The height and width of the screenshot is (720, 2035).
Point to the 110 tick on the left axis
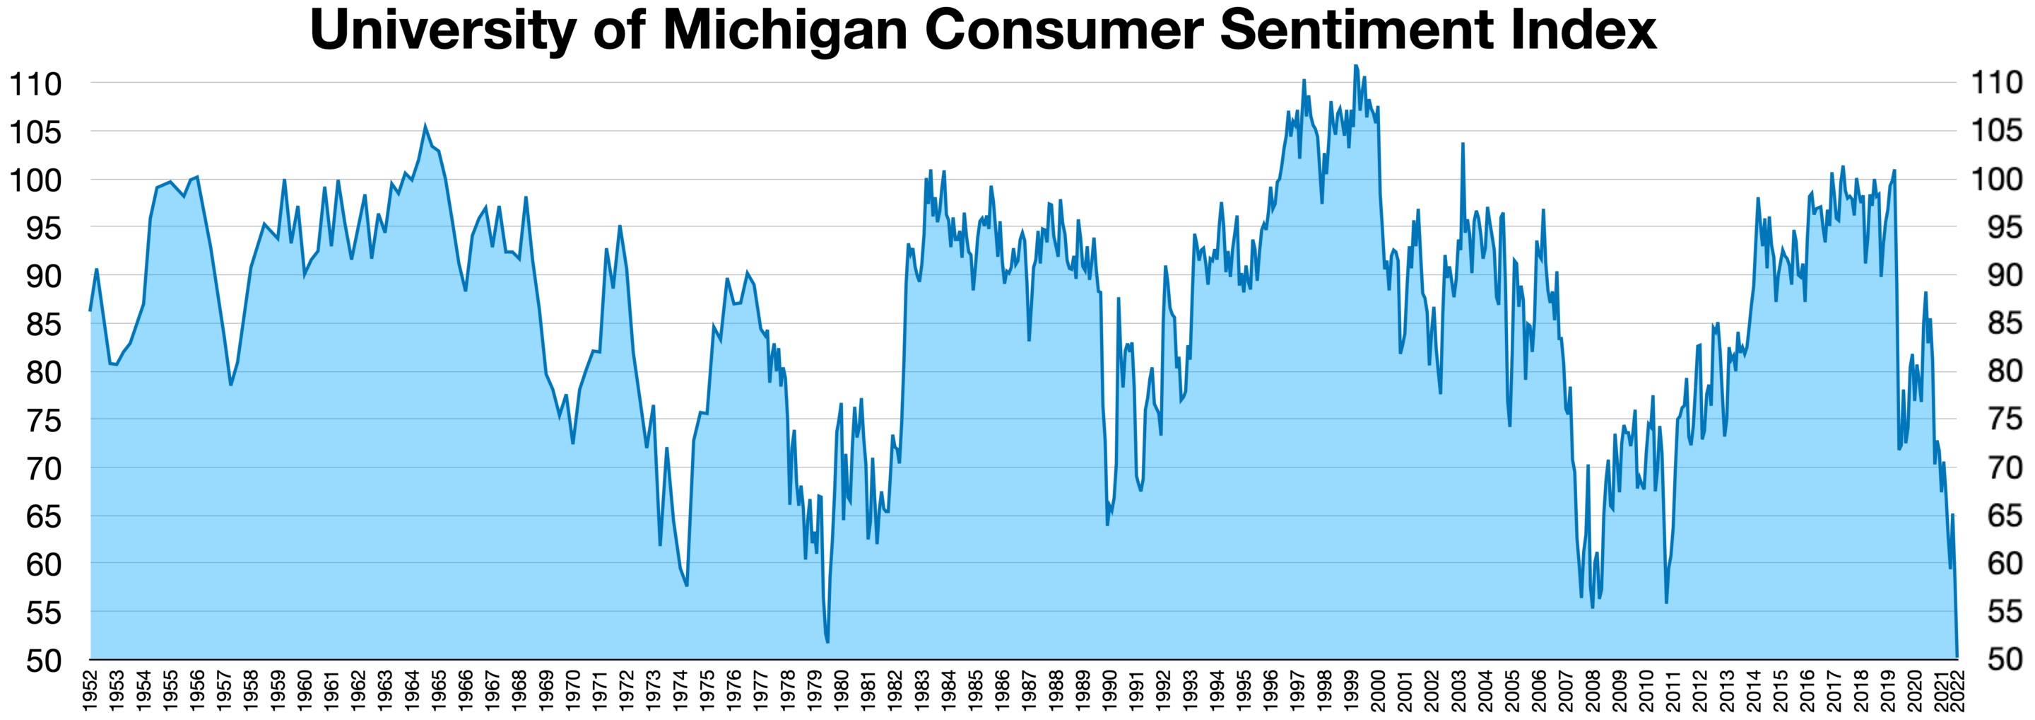tap(35, 83)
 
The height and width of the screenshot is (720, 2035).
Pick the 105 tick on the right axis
tap(1996, 130)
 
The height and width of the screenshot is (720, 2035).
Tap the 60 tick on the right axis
tap(2004, 564)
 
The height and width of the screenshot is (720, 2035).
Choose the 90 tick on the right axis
tap(2004, 275)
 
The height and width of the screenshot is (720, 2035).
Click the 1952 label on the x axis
tap(90, 691)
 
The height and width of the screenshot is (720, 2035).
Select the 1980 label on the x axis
tap(842, 691)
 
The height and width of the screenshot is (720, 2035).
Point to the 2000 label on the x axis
tap(1379, 691)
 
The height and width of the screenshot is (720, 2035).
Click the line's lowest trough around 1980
tap(827, 641)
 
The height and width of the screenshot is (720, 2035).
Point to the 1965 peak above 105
tap(425, 127)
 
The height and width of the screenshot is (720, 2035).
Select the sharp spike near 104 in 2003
tap(1462, 144)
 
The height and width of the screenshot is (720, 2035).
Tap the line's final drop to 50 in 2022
tap(1957, 656)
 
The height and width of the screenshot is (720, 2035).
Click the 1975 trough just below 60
tap(687, 586)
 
